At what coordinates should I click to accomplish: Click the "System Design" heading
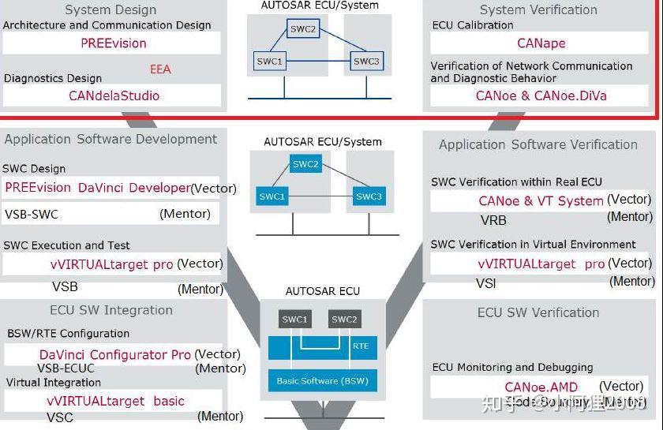click(x=110, y=9)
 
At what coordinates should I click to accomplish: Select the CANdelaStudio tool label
click(x=114, y=95)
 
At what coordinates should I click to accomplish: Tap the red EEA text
click(x=160, y=69)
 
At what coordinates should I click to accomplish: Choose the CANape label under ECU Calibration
click(x=541, y=43)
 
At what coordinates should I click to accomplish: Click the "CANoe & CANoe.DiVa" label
click(x=541, y=95)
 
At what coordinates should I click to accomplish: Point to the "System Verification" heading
click(x=538, y=9)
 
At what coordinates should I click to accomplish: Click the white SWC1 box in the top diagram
click(x=269, y=61)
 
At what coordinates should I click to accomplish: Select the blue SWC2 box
click(x=305, y=164)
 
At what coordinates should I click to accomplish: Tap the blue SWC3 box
click(x=368, y=196)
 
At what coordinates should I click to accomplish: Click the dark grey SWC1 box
click(x=296, y=320)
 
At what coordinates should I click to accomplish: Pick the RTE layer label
click(x=360, y=346)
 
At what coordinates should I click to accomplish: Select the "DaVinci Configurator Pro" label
click(x=115, y=354)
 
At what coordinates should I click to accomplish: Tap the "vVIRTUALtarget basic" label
click(x=115, y=401)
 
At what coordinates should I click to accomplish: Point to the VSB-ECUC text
click(x=66, y=368)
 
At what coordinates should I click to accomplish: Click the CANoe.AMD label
click(x=541, y=387)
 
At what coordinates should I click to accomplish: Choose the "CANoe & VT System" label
click(x=541, y=200)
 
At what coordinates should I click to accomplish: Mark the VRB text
click(x=493, y=220)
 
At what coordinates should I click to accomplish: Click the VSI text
click(x=486, y=283)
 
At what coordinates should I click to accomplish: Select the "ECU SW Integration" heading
click(x=110, y=310)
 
